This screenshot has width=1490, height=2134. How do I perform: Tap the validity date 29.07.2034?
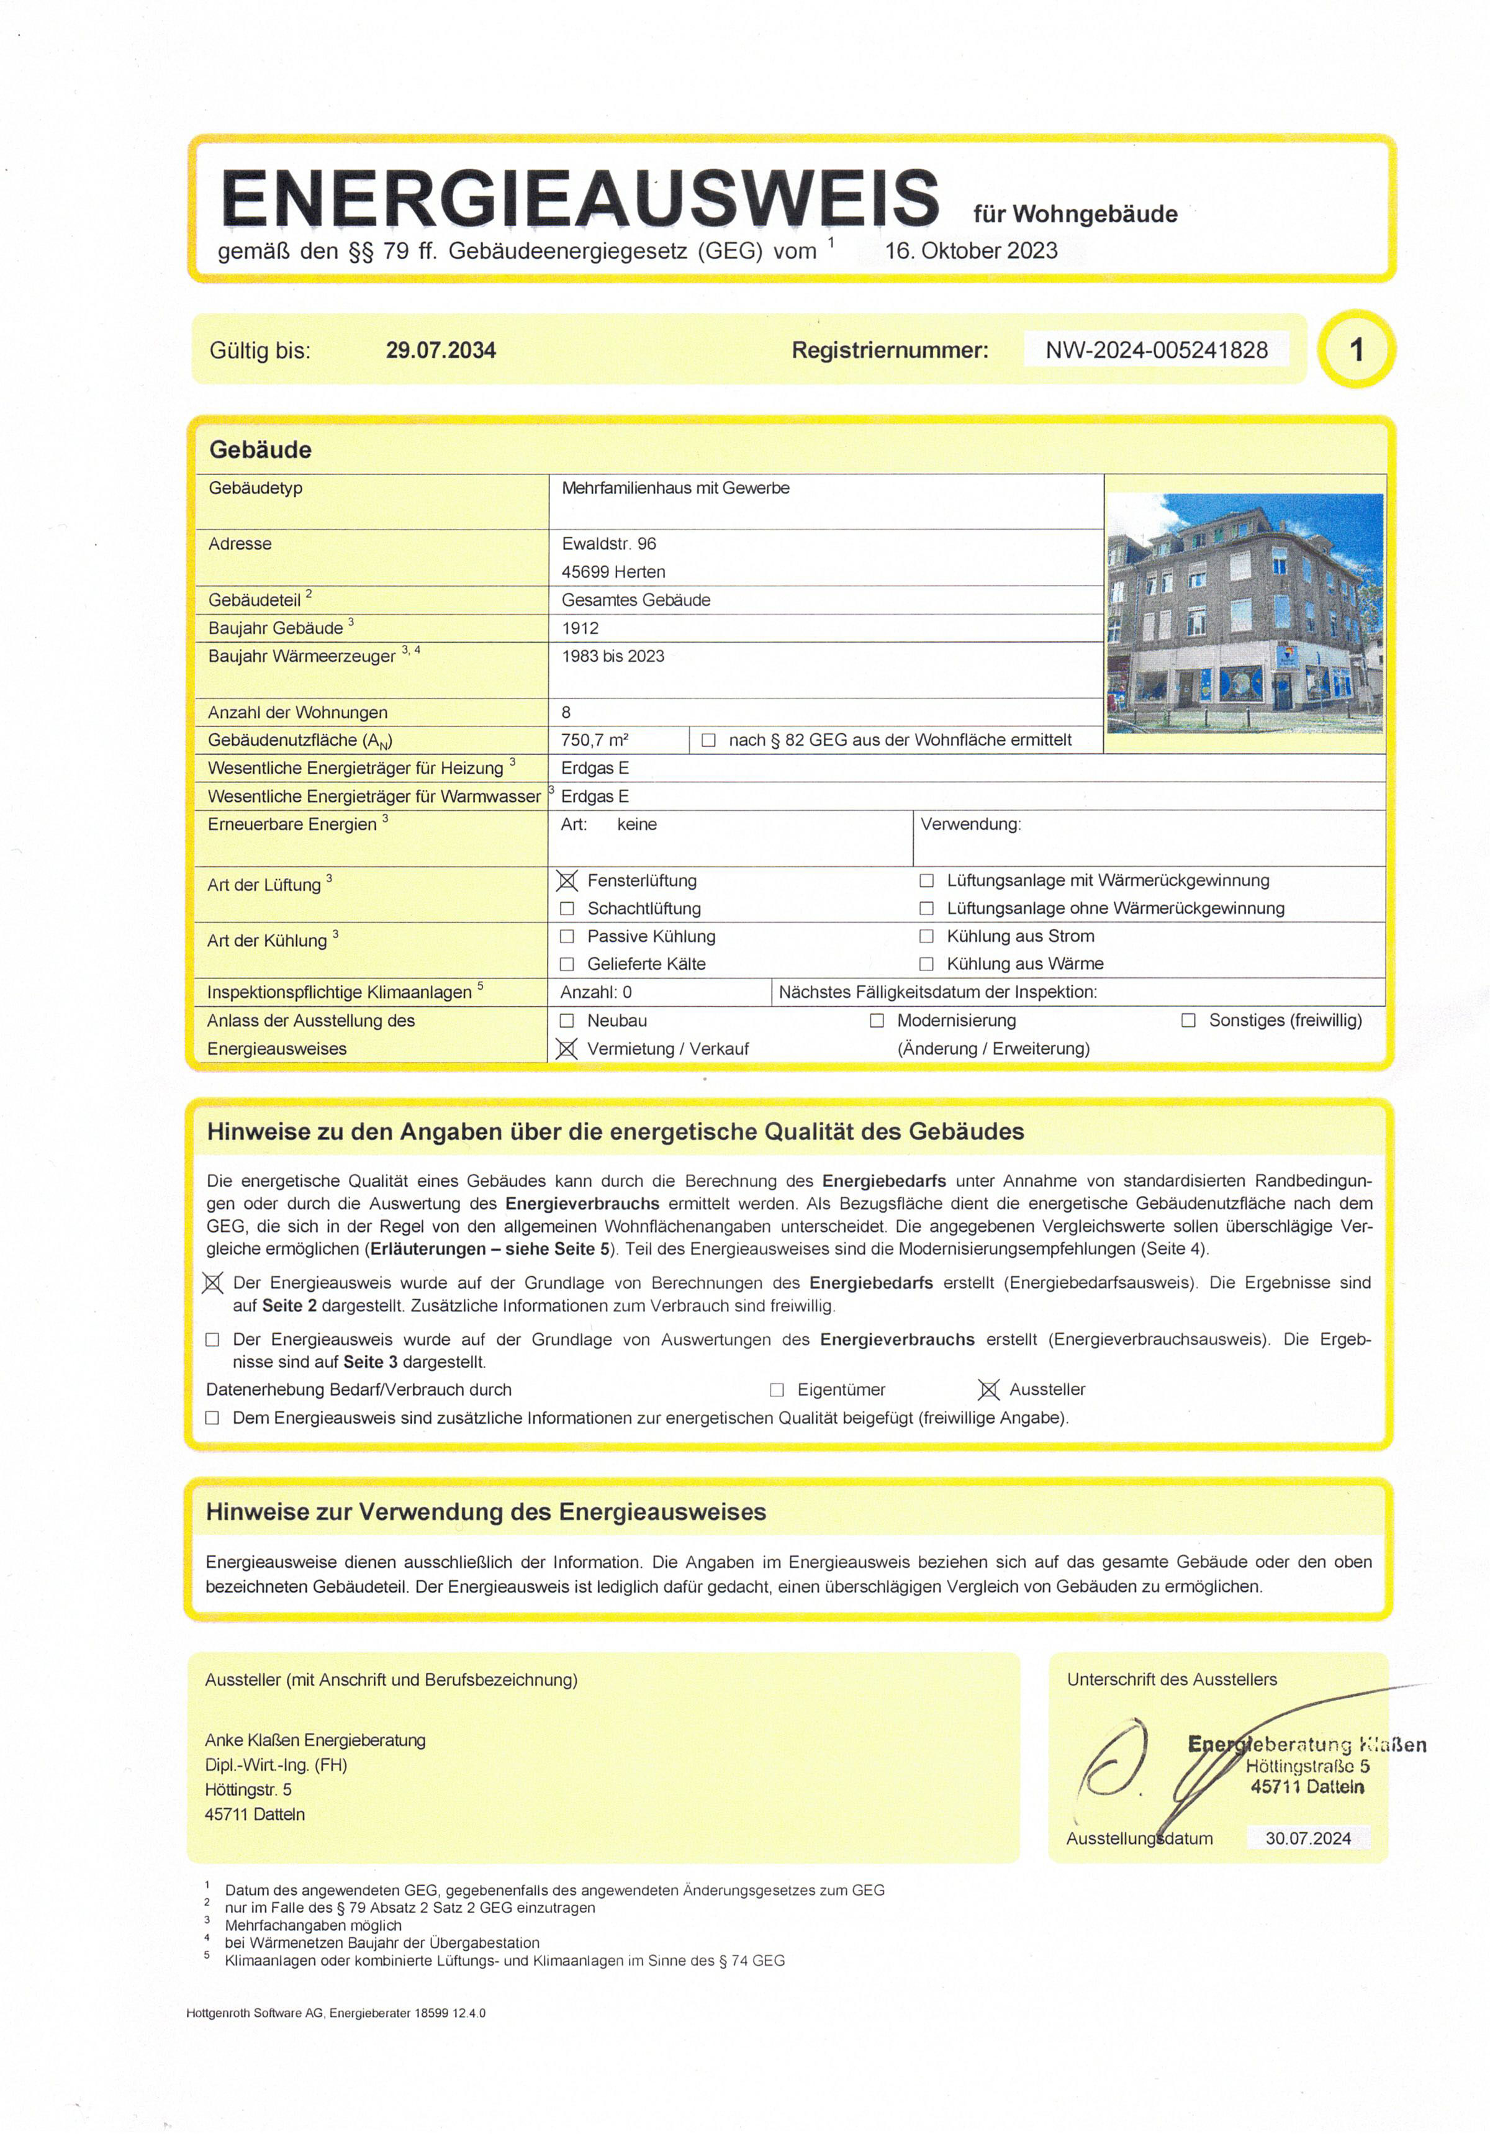441,350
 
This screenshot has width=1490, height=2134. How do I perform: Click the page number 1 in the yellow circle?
1356,350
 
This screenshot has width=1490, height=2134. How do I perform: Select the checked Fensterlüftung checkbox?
567,880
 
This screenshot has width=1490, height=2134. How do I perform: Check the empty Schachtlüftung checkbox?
567,908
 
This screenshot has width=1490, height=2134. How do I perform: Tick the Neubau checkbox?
567,1021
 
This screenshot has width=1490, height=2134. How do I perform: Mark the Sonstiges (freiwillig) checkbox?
1188,1021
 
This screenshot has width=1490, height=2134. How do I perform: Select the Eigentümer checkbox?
777,1390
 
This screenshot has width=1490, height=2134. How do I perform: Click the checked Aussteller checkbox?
989,1390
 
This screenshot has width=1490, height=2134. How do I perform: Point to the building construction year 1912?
580,628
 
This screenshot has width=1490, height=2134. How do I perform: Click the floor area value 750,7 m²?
595,740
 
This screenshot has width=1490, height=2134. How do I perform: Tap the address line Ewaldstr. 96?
609,544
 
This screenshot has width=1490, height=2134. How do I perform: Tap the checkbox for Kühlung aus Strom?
926,936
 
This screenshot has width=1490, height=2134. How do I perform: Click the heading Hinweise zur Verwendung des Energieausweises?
486,1512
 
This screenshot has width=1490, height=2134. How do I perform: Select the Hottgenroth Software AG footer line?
335,2013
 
